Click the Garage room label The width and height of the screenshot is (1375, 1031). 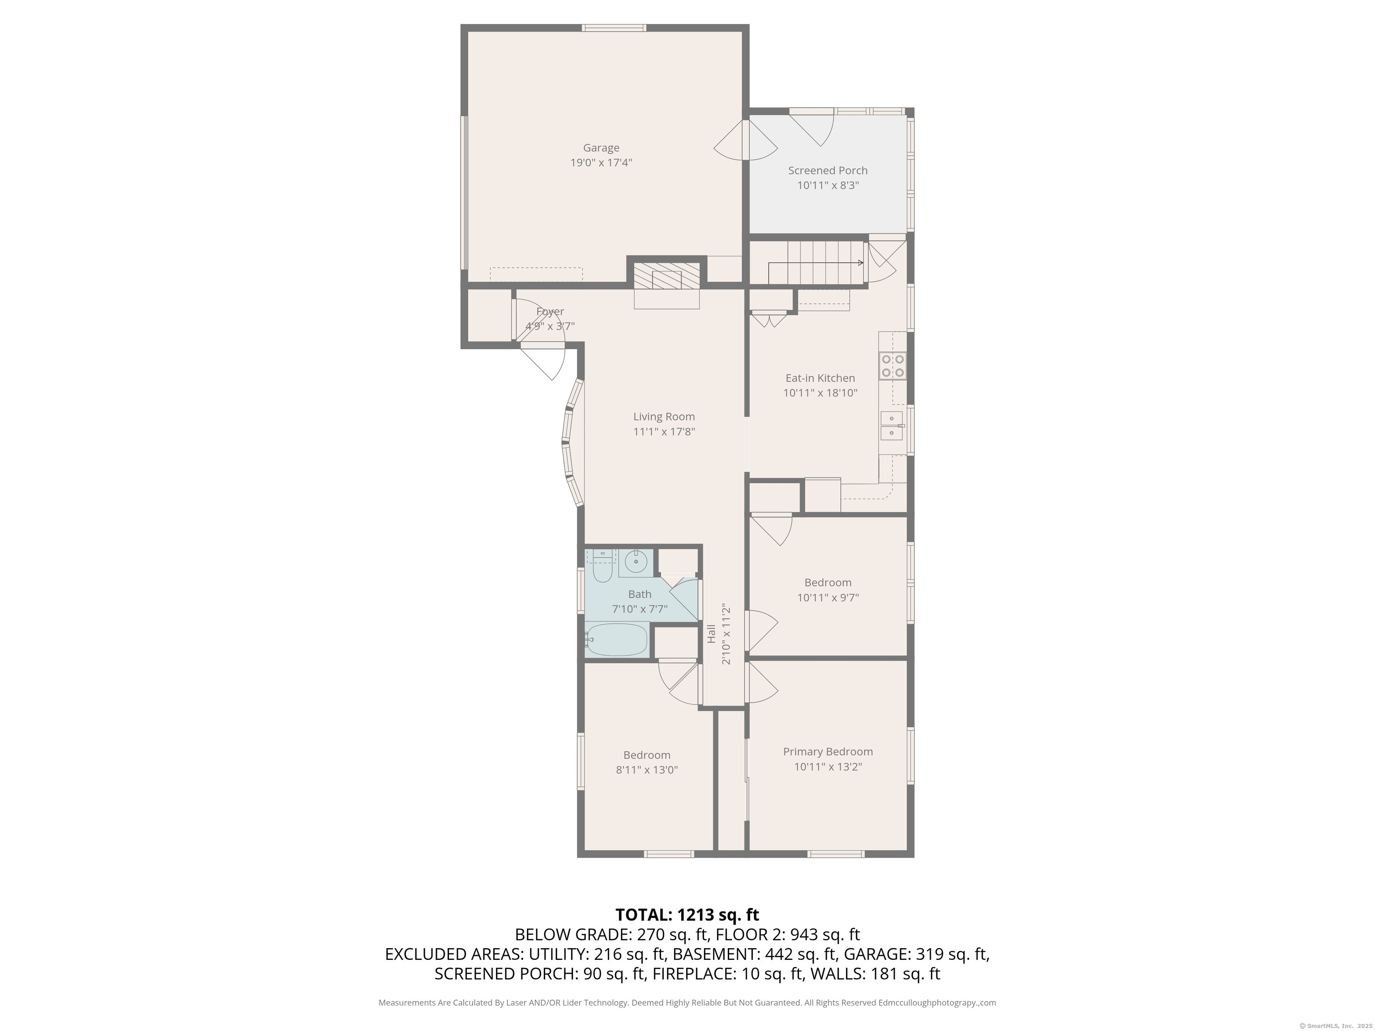point(601,148)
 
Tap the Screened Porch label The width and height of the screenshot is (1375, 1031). point(828,170)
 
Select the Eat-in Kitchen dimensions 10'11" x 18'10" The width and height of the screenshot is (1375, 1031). point(820,393)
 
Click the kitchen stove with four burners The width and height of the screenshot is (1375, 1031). point(892,366)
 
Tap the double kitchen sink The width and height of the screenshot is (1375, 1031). point(892,426)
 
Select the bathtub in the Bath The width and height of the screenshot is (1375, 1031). point(617,639)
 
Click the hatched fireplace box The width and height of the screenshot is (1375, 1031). point(666,275)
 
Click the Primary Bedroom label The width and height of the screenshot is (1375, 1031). point(828,751)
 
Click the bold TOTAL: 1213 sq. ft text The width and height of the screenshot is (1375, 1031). point(687,915)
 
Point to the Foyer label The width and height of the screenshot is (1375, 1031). point(550,311)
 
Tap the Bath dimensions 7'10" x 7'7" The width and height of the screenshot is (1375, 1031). point(640,609)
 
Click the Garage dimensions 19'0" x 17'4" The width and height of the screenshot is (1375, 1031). point(601,163)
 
